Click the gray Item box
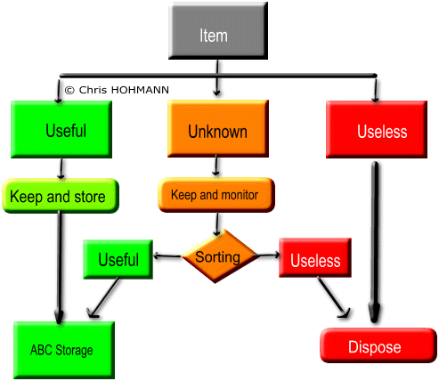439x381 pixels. [218, 31]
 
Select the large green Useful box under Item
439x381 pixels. [61, 129]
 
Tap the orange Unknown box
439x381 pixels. [218, 128]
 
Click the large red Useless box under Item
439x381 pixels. [377, 129]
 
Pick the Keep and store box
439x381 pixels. [61, 196]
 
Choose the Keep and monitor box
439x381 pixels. [216, 195]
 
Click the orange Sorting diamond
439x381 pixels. [219, 256]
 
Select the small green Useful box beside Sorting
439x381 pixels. [118, 259]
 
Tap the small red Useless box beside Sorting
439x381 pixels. [315, 257]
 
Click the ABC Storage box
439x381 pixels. [64, 350]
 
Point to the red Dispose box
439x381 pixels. [378, 345]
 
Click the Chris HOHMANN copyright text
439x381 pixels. [117, 90]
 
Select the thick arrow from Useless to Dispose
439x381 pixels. [375, 242]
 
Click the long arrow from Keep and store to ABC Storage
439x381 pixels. [60, 267]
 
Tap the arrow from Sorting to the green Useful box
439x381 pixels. [167, 255]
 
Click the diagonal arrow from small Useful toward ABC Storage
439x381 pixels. [102, 297]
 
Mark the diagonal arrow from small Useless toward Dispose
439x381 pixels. [334, 297]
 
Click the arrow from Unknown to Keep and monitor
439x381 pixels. [216, 166]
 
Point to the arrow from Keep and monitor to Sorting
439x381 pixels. [217, 224]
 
